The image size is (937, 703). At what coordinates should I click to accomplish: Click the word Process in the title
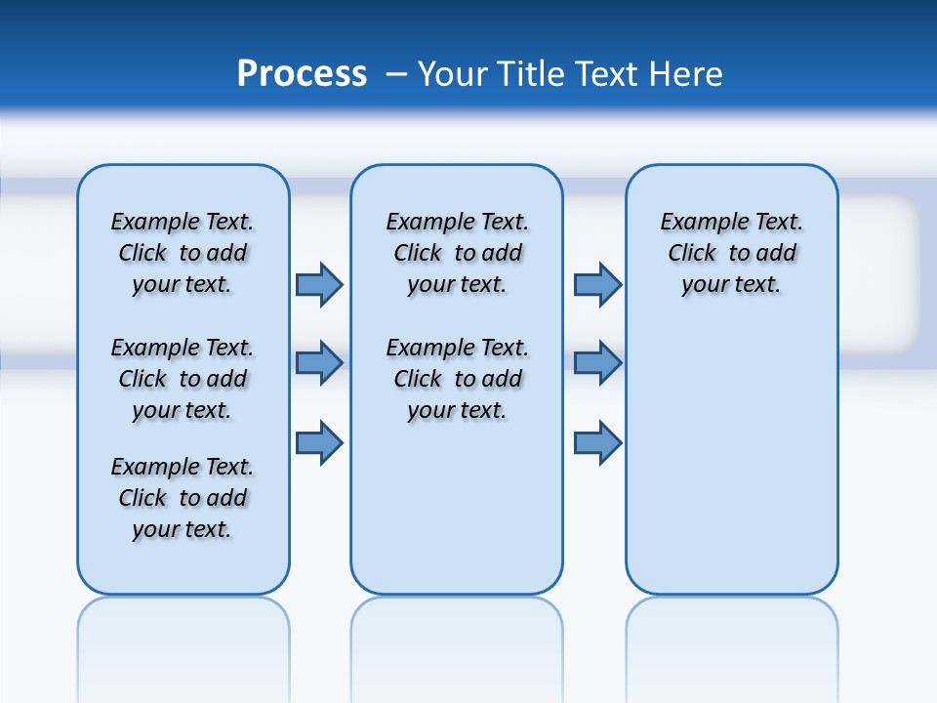point(302,73)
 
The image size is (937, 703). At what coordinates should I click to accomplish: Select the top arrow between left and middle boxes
point(318,284)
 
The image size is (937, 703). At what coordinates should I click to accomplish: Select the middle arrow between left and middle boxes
point(318,363)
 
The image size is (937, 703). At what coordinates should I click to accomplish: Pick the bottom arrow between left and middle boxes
point(318,442)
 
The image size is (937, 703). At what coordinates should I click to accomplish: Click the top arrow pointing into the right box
point(597,284)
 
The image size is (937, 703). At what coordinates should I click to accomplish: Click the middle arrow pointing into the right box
point(597,363)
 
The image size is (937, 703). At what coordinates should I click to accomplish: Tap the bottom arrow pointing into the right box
point(597,442)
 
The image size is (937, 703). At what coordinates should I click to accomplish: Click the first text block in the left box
point(183,253)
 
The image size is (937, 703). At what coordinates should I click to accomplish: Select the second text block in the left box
point(183,379)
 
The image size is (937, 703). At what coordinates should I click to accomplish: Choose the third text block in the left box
point(183,498)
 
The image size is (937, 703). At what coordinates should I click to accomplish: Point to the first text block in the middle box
point(457,253)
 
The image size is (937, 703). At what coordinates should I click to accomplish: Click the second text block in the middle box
point(457,379)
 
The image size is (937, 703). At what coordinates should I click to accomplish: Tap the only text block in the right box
point(731,253)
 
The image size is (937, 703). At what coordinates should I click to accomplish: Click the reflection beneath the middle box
point(457,635)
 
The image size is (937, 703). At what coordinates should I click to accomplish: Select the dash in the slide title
point(396,74)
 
